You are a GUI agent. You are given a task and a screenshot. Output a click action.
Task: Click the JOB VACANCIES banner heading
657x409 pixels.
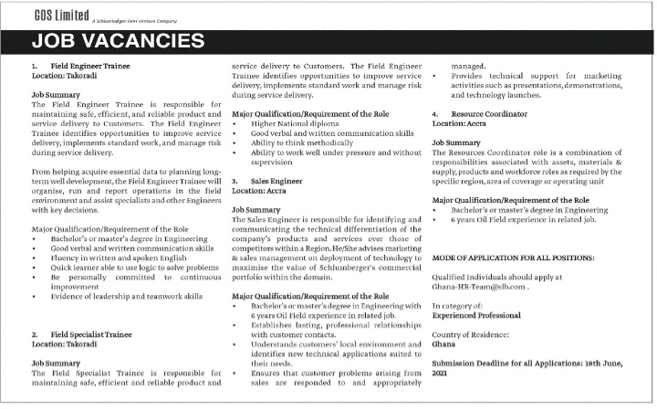tap(119, 42)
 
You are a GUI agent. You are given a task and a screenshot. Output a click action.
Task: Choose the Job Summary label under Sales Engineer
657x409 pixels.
tap(256, 210)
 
